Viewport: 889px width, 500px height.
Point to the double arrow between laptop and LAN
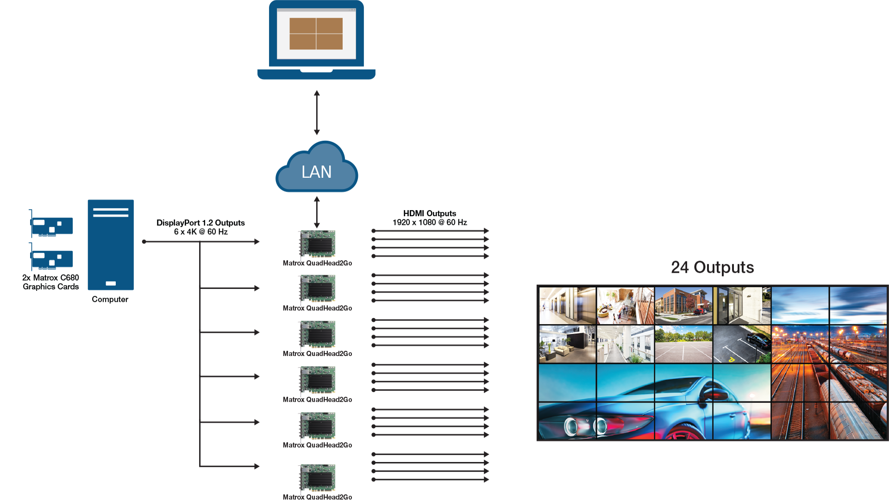[x=317, y=112]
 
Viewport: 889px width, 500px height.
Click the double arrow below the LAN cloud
[x=317, y=212]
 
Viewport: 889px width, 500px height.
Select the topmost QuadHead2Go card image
[x=317, y=244]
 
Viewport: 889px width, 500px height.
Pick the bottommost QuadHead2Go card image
[x=317, y=477]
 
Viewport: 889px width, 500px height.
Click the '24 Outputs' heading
[x=712, y=267]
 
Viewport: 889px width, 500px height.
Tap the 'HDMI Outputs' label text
[x=429, y=213]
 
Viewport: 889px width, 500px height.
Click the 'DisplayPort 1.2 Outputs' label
[x=200, y=223]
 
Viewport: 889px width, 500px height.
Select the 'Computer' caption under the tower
[x=110, y=300]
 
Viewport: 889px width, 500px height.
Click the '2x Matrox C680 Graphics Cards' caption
[x=51, y=282]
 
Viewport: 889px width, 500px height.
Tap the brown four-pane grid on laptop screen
[x=316, y=33]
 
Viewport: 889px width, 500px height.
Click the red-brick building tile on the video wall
[x=683, y=305]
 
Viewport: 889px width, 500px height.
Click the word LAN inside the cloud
[x=317, y=172]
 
